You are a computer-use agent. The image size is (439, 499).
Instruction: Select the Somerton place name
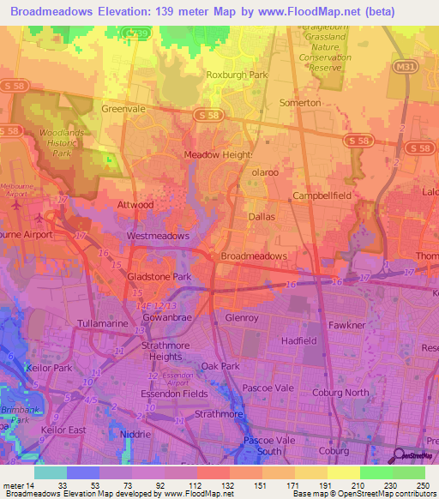[300, 102]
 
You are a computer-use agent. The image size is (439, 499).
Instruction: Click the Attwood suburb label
[135, 205]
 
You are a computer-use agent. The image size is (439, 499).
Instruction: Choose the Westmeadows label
[158, 235]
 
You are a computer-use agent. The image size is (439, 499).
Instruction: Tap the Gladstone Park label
[159, 278]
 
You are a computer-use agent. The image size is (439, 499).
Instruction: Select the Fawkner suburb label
[347, 325]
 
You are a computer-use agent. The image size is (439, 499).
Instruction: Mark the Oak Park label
[220, 366]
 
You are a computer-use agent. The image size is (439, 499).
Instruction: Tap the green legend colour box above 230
[376, 472]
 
